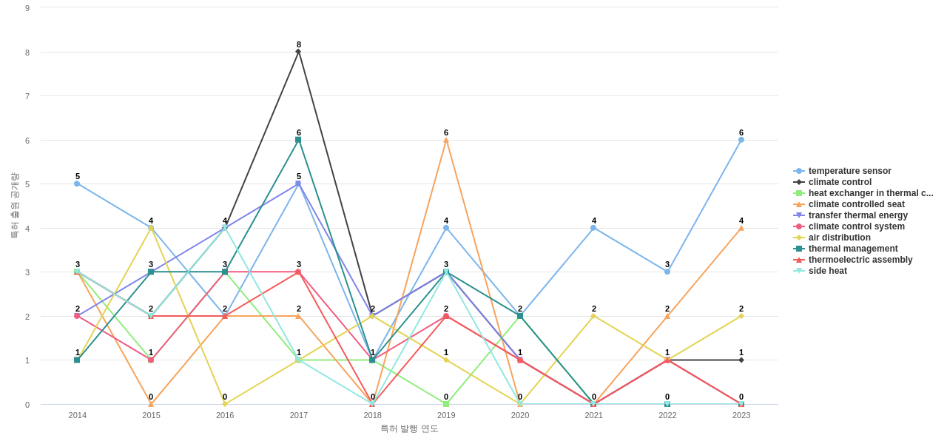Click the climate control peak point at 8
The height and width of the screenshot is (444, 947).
pyautogui.click(x=299, y=52)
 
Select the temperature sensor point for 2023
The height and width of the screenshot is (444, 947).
pyautogui.click(x=741, y=140)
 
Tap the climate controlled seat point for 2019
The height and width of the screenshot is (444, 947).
pyautogui.click(x=446, y=140)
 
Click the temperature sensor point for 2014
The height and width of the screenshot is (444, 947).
pyautogui.click(x=77, y=184)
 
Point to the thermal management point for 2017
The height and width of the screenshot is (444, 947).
pyautogui.click(x=299, y=140)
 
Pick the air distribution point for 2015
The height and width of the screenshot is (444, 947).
pyautogui.click(x=151, y=228)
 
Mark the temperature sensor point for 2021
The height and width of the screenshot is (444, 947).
pyautogui.click(x=593, y=228)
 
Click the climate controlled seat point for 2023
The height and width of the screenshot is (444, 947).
pyautogui.click(x=741, y=228)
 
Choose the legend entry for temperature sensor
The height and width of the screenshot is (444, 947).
pyautogui.click(x=849, y=171)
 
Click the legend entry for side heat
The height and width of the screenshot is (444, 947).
pyautogui.click(x=827, y=271)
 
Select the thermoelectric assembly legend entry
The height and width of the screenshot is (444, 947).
pyautogui.click(x=860, y=260)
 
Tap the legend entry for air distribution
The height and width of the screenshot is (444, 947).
pyautogui.click(x=839, y=238)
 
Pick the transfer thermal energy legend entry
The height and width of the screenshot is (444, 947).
pyautogui.click(x=857, y=215)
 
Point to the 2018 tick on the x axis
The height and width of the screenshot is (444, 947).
pyautogui.click(x=372, y=415)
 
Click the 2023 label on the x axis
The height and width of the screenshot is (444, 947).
pyautogui.click(x=741, y=415)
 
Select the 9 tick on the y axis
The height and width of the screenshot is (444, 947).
pyautogui.click(x=27, y=8)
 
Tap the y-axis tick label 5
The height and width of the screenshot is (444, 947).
pyautogui.click(x=27, y=184)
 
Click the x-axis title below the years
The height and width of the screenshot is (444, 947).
pyautogui.click(x=409, y=428)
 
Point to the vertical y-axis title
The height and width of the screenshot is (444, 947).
pyautogui.click(x=14, y=206)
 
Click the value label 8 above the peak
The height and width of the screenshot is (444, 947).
pyautogui.click(x=299, y=44)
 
